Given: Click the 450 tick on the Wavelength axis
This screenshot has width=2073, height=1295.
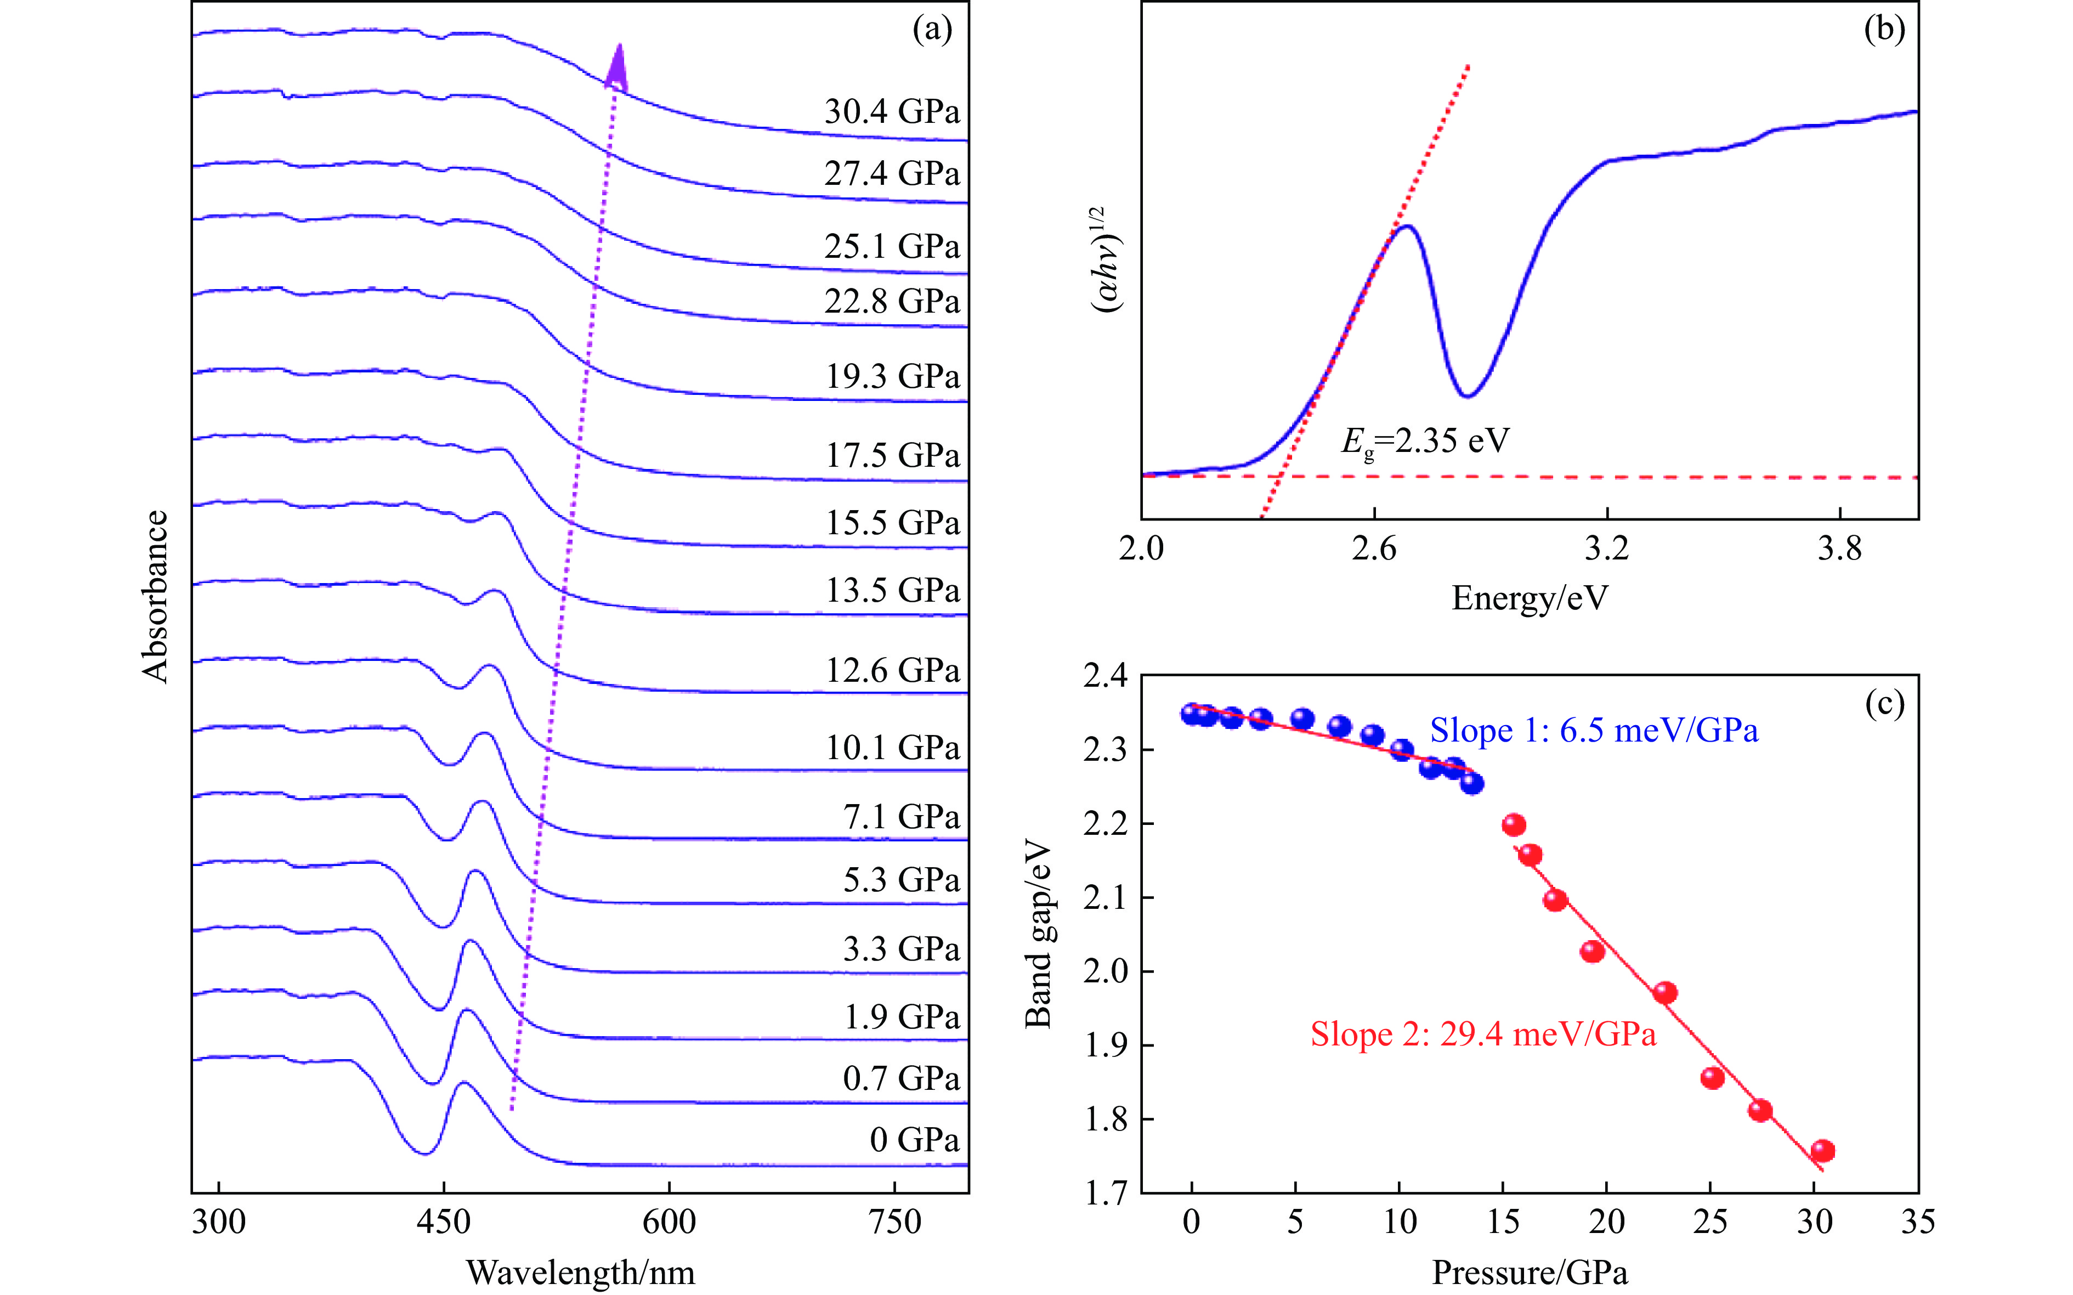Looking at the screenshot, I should tap(444, 1222).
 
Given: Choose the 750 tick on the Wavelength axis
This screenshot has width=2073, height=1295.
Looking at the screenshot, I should tap(894, 1222).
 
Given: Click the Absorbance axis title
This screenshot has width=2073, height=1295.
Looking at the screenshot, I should tap(155, 596).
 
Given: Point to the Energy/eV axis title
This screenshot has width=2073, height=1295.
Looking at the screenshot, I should tap(1530, 598).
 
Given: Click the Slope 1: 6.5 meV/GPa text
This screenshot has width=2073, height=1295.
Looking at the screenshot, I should tap(1594, 731).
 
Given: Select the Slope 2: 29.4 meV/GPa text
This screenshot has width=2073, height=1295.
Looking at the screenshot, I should tap(1483, 1034).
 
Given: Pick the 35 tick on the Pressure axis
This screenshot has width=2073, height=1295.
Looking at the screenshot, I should tap(1917, 1222).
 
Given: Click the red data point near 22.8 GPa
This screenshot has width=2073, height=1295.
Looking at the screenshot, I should tap(1664, 993).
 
